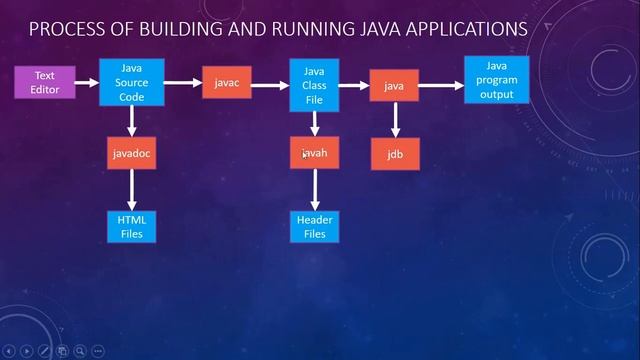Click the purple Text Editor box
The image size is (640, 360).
45,82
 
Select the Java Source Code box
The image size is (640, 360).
132,82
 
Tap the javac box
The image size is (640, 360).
226,83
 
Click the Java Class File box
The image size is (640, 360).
314,85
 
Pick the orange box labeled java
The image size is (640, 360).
394,86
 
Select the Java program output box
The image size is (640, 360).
490,80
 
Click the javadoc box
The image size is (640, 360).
132,153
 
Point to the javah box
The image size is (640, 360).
314,153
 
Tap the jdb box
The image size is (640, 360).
394,155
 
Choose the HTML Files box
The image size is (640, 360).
132,226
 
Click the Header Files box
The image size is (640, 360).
314,226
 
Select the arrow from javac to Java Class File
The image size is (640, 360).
270,86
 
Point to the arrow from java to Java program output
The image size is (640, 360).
441,86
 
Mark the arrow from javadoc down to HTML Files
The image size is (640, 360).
132,189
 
